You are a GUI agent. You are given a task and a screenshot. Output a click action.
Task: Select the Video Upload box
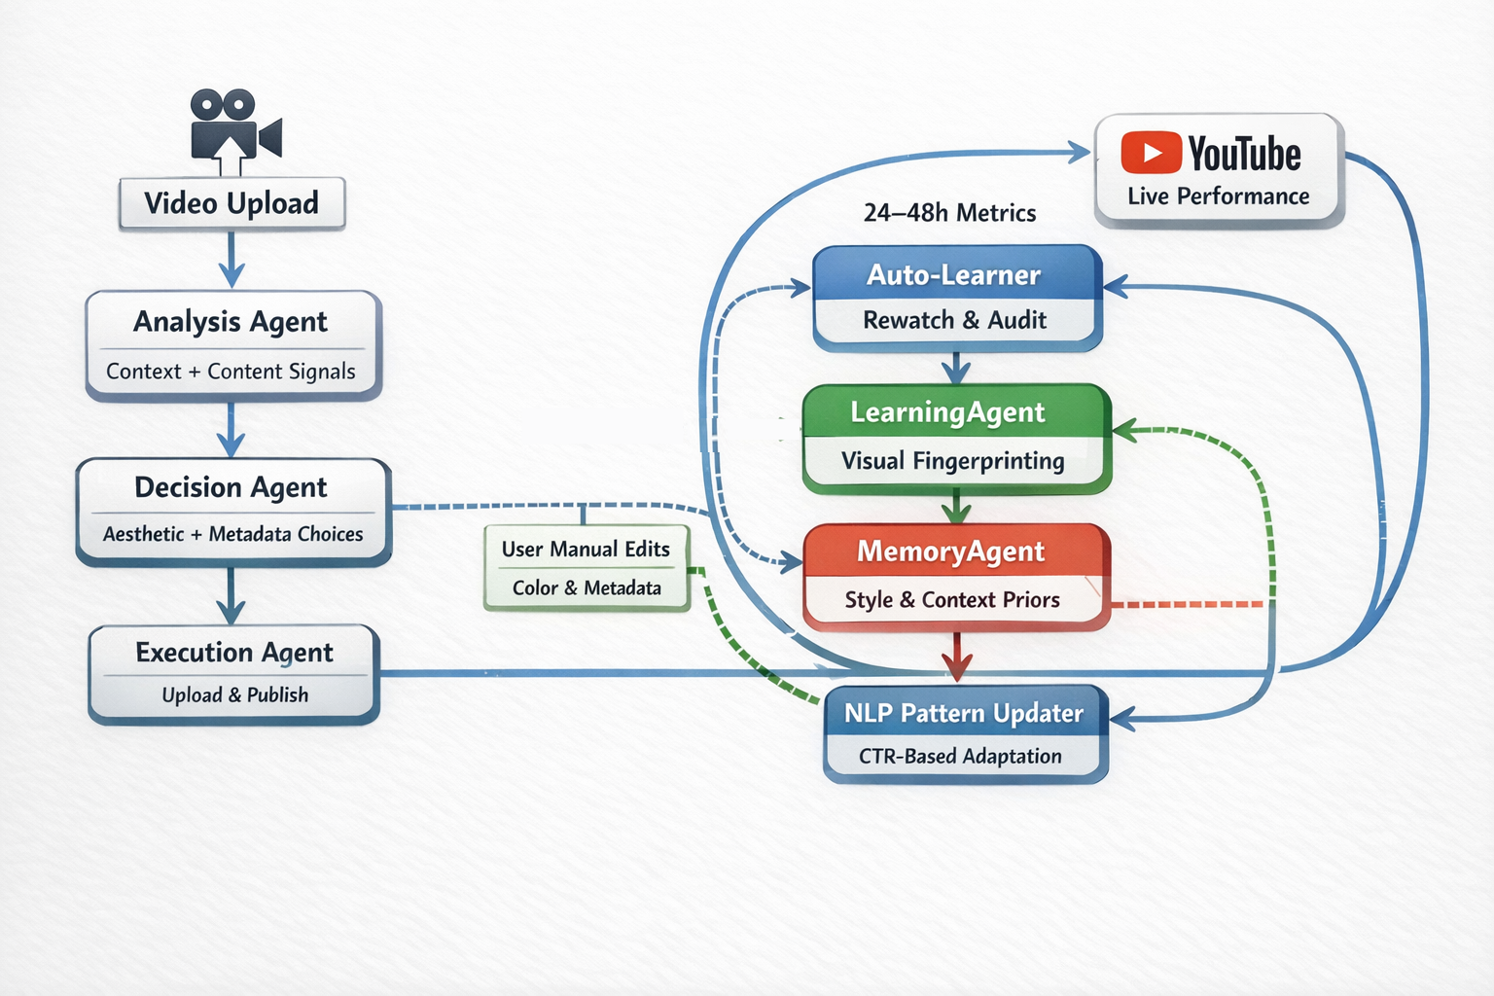(x=232, y=203)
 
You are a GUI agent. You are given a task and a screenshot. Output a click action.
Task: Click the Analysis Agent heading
(x=231, y=322)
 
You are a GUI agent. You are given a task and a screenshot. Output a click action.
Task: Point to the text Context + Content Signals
(x=231, y=372)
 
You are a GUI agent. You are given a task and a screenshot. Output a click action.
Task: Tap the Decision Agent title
(x=231, y=487)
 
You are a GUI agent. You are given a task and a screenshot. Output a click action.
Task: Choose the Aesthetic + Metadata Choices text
(x=232, y=534)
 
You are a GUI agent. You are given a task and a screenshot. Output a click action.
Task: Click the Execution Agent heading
(x=234, y=653)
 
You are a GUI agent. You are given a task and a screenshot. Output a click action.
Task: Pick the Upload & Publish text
(x=234, y=695)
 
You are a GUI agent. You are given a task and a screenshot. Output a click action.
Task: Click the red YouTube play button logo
(x=1152, y=152)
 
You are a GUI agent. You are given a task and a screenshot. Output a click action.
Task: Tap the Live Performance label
(x=1219, y=196)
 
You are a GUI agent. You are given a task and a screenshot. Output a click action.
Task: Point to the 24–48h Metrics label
(x=949, y=213)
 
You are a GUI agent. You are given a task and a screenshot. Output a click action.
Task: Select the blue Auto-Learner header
(x=956, y=273)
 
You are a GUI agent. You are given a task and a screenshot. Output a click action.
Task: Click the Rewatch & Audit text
(x=954, y=320)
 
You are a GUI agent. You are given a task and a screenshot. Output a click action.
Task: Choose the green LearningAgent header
(x=956, y=411)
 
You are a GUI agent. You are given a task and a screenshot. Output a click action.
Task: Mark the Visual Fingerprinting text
(x=952, y=461)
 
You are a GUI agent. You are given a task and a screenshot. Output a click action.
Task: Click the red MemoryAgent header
(x=955, y=551)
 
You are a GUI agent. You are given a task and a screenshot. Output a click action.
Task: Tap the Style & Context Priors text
(x=952, y=600)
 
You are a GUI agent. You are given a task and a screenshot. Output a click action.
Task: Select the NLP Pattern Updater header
(x=965, y=713)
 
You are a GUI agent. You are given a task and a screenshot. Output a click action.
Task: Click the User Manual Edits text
(x=586, y=549)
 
